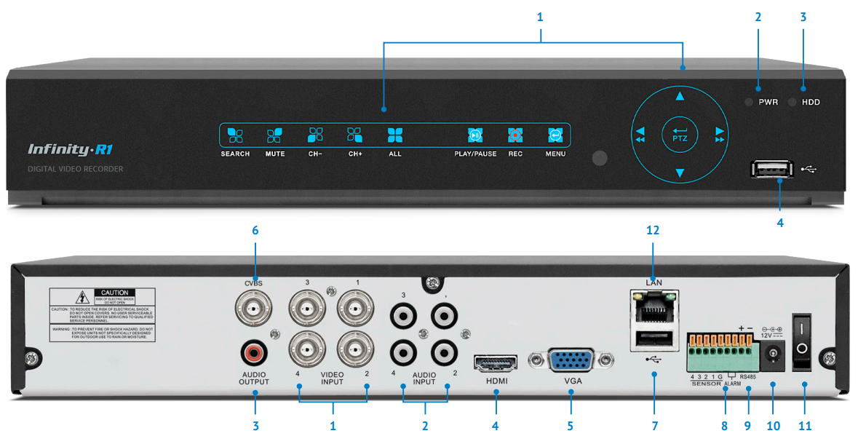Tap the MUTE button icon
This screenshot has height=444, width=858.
click(274, 135)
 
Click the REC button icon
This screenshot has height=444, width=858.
click(515, 135)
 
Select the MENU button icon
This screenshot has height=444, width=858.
click(555, 135)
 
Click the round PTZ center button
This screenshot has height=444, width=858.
click(680, 135)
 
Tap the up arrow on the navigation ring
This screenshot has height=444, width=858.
click(680, 96)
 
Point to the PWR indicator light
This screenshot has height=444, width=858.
click(748, 102)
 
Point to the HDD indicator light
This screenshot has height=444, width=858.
click(792, 102)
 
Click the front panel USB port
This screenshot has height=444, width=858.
click(768, 170)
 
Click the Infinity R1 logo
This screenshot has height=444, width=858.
click(70, 150)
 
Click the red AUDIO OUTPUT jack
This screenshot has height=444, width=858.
click(254, 354)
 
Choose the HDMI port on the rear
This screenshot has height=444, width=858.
click(496, 362)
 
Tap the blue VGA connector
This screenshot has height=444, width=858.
click(571, 362)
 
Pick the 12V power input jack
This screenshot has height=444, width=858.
click(773, 354)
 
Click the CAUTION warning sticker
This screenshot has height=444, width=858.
click(102, 314)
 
